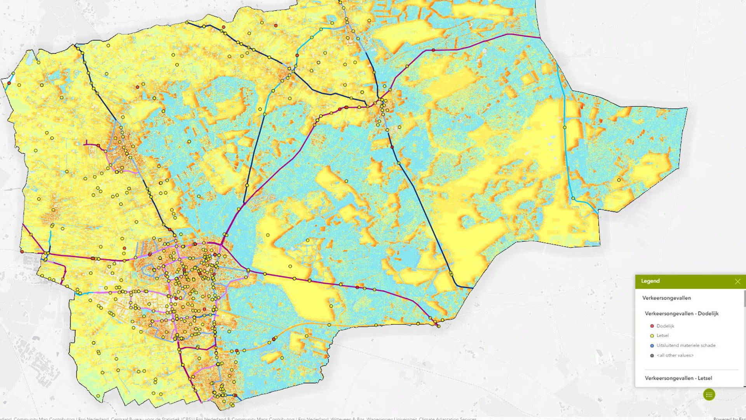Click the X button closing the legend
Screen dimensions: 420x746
737,282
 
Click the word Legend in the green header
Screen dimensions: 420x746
650,281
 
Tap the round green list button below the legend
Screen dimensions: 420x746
709,395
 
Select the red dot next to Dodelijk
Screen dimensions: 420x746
652,326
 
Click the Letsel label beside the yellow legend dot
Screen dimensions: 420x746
662,336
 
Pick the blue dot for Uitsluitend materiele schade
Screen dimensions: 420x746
652,345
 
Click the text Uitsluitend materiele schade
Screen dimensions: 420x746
686,345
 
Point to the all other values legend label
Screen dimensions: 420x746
675,355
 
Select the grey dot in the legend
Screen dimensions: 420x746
652,355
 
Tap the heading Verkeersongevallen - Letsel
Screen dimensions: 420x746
678,378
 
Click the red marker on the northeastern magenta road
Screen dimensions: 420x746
434,50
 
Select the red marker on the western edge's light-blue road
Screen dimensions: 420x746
9,83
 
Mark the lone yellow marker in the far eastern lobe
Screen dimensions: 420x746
619,180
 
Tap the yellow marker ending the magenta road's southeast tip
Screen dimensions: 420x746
439,326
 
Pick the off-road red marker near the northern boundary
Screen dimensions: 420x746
276,26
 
